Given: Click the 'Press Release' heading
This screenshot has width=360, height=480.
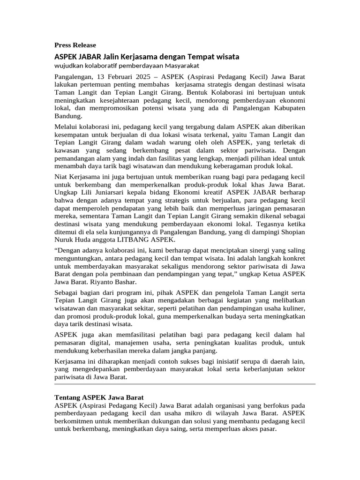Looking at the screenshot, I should tap(75, 45).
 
